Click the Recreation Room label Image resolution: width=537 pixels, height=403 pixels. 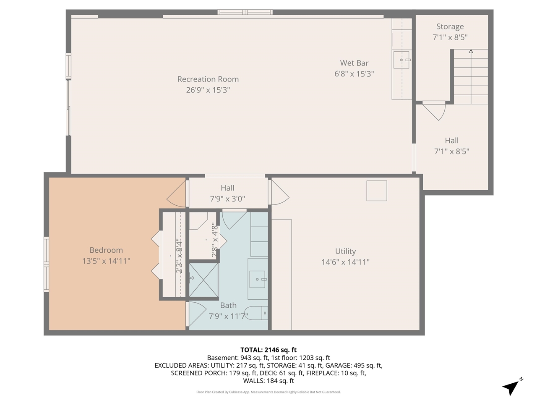coord(208,79)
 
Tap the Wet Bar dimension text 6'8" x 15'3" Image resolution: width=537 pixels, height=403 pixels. coord(354,74)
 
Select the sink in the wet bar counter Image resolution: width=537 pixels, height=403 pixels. coord(401,60)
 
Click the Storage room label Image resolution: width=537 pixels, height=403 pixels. coord(450,26)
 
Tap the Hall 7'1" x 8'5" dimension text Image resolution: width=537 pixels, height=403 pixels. coord(451,151)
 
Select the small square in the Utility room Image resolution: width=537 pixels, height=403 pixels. coord(376,191)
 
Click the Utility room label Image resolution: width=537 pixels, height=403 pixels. coord(345,251)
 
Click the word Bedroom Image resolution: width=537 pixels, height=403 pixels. coord(106,250)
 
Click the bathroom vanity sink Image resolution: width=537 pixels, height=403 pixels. coord(257,279)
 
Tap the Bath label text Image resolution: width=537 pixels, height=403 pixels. coord(228,305)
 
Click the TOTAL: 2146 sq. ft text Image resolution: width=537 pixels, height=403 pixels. coord(268,350)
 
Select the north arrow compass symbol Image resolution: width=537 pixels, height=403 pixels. coord(511,386)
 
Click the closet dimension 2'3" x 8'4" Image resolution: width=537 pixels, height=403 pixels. coord(179,256)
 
